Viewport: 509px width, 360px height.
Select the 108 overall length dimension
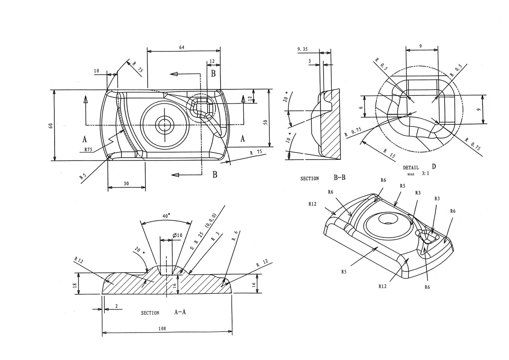pyautogui.click(x=162, y=328)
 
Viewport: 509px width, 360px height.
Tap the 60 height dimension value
pyautogui.click(x=50, y=126)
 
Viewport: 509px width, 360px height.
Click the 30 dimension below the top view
pyautogui.click(x=126, y=184)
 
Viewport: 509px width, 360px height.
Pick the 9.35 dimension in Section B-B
pyautogui.click(x=302, y=49)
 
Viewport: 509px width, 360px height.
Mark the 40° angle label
pyautogui.click(x=166, y=216)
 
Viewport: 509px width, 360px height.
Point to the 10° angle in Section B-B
pyautogui.click(x=288, y=139)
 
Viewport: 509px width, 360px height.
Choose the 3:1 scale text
pyautogui.click(x=425, y=174)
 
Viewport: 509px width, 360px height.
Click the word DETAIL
pyautogui.click(x=411, y=168)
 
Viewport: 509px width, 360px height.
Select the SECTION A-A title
pyautogui.click(x=163, y=312)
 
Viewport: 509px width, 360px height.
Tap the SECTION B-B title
pyautogui.click(x=323, y=178)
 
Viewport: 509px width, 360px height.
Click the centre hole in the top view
pyautogui.click(x=163, y=125)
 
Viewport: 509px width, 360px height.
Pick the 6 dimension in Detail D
pyautogui.click(x=361, y=107)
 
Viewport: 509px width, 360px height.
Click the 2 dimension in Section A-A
pyautogui.click(x=116, y=306)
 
